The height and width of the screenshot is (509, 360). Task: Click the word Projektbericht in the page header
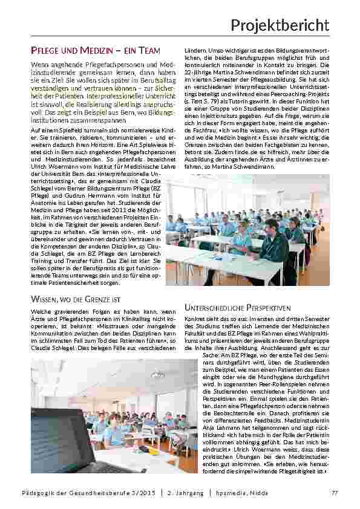(x=280, y=25)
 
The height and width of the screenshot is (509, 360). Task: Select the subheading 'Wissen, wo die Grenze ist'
(x=76, y=299)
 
